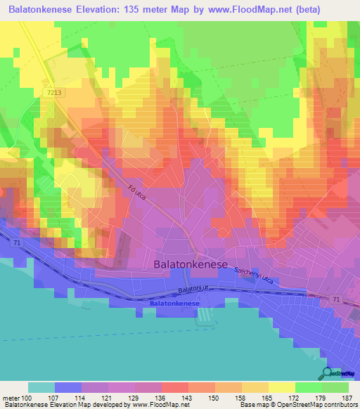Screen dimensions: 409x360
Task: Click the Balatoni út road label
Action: [x=192, y=289]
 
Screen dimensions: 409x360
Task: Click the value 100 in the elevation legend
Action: [x=27, y=398]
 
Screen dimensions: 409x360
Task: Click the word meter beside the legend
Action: [x=10, y=398]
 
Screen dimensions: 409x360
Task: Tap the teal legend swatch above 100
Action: [x=41, y=387]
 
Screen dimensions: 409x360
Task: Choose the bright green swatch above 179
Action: [x=309, y=387]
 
